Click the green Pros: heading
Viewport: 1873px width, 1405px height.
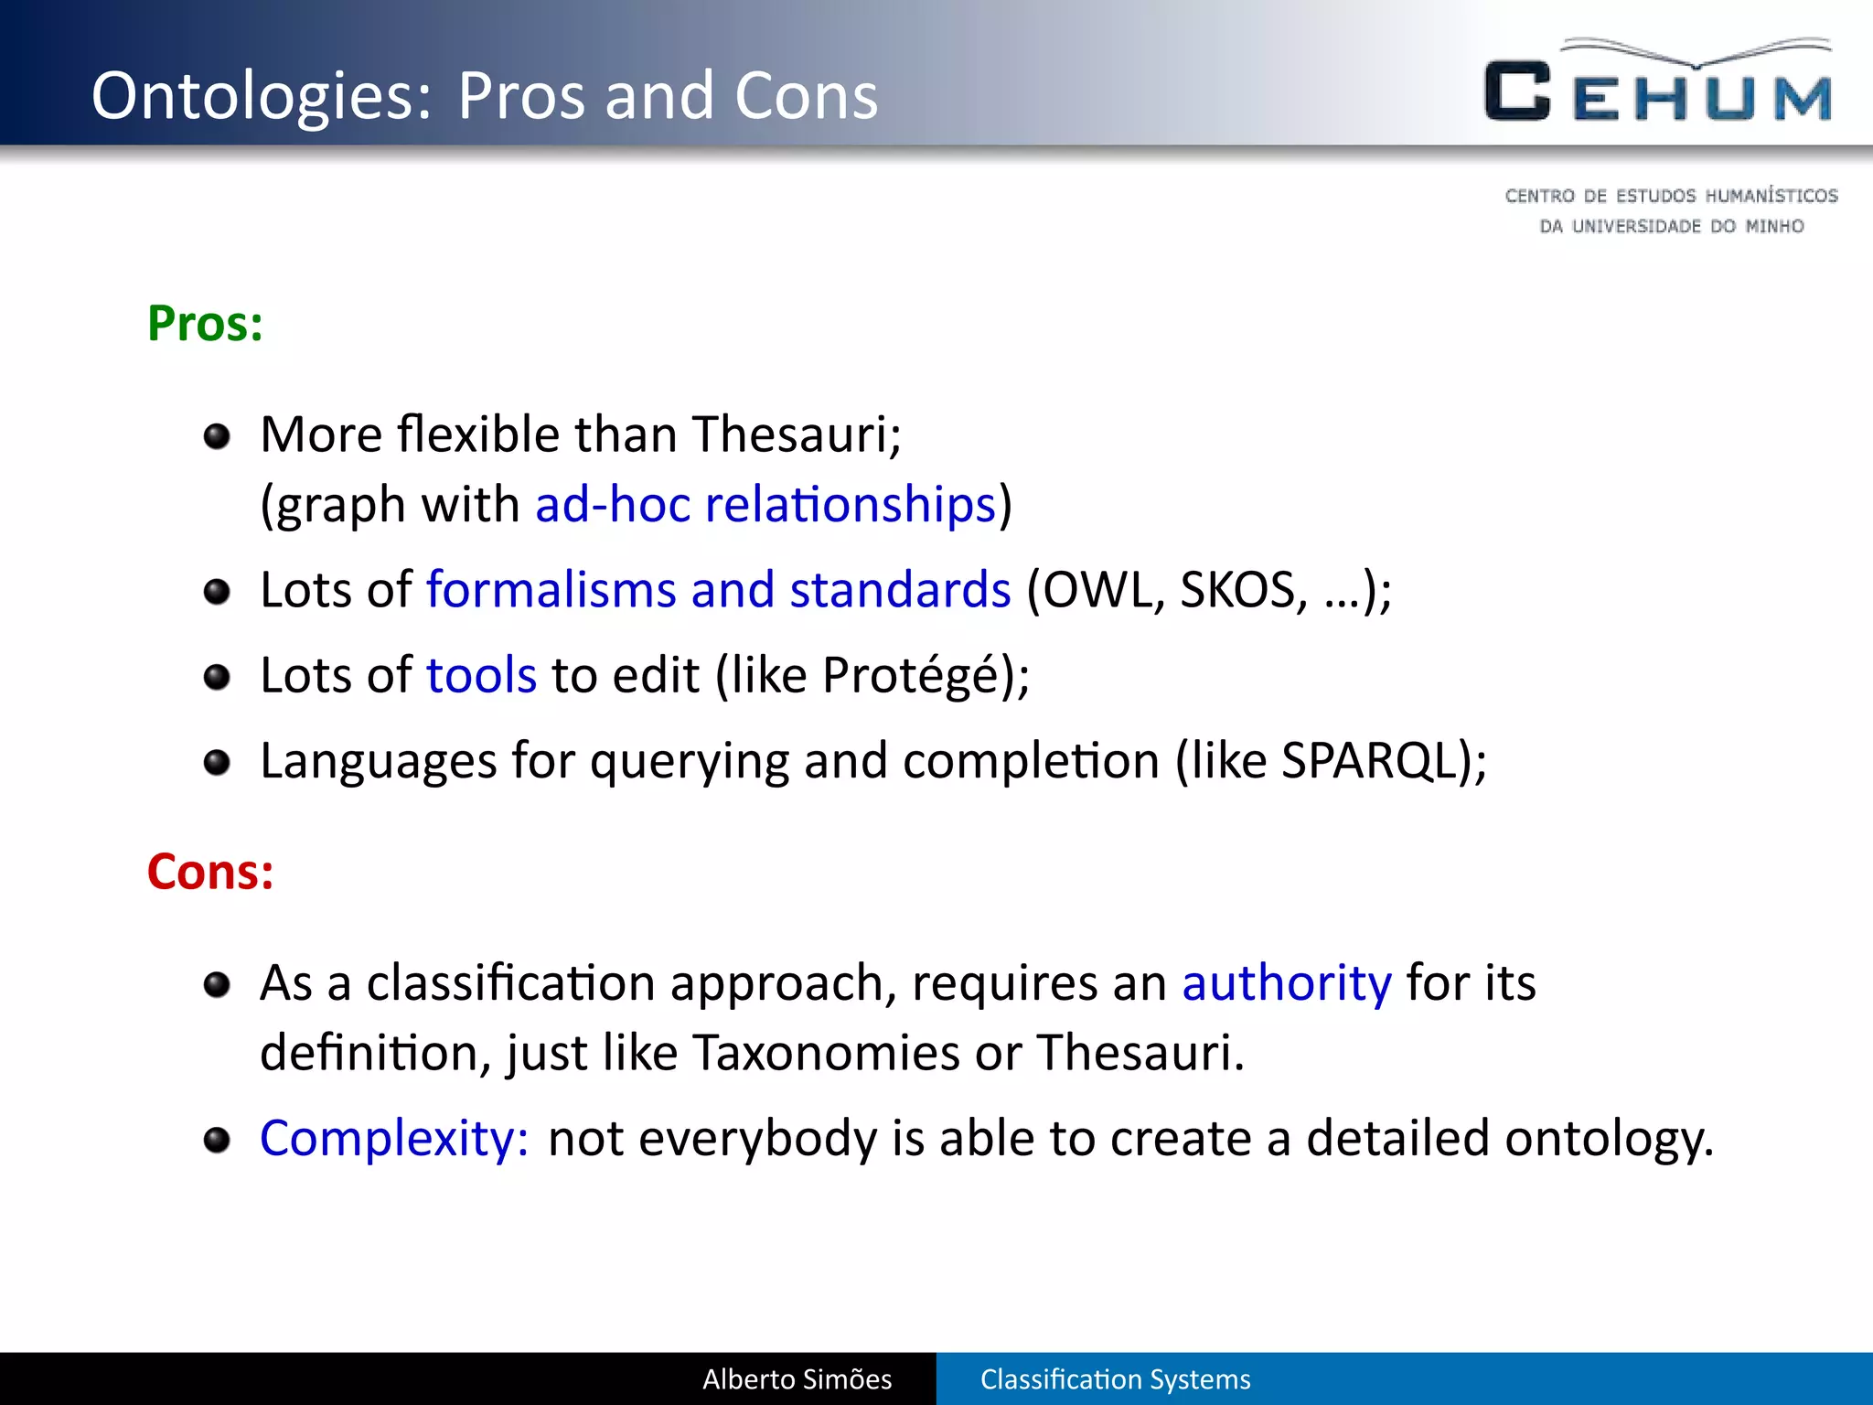pyautogui.click(x=205, y=324)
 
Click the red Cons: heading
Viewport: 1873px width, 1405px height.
pyautogui.click(x=210, y=872)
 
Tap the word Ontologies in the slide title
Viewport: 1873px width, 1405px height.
pyautogui.click(x=261, y=97)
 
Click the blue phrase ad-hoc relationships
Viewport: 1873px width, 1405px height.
pyautogui.click(x=765, y=505)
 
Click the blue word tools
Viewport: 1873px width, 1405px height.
pyautogui.click(x=481, y=676)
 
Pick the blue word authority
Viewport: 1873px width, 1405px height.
pyautogui.click(x=1286, y=983)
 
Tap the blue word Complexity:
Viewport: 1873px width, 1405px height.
pyautogui.click(x=394, y=1139)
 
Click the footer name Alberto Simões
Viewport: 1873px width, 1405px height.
pyautogui.click(x=797, y=1379)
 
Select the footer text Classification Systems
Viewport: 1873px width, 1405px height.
pyautogui.click(x=1115, y=1379)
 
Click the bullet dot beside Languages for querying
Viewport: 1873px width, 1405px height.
pyautogui.click(x=217, y=762)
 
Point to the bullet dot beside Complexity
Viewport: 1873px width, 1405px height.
pyautogui.click(x=217, y=1140)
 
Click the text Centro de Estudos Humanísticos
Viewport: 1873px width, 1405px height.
pyautogui.click(x=1671, y=196)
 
